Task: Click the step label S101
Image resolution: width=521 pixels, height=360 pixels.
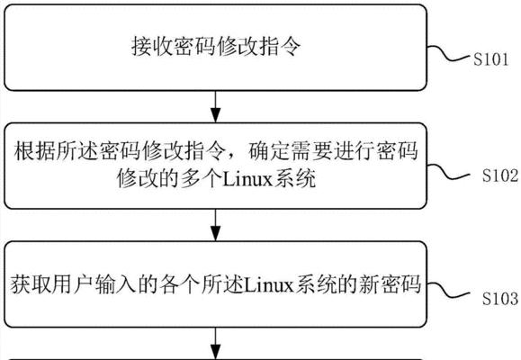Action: tap(490, 59)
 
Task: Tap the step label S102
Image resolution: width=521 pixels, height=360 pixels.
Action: tap(500, 175)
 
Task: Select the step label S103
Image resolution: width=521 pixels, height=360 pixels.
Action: tap(500, 298)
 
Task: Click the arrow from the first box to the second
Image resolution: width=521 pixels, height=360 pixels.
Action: tap(216, 106)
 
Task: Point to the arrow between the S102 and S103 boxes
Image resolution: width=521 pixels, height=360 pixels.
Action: tap(216, 225)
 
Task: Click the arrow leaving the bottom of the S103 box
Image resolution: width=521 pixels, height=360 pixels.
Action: tap(216, 344)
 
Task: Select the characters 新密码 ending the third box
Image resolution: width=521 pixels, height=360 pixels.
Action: tap(390, 285)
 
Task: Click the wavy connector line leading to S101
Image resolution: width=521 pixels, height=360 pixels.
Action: tap(449, 55)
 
